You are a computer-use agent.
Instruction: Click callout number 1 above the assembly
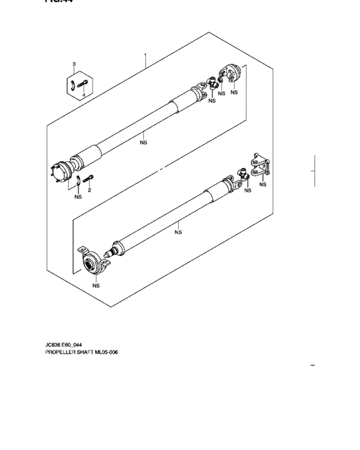[146, 56]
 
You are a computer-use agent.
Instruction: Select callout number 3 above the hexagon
[74, 64]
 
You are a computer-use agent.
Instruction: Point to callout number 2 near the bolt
[89, 190]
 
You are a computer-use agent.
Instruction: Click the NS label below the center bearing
[96, 285]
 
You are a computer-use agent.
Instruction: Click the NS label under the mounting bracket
[263, 185]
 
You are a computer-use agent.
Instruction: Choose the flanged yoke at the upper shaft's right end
[230, 74]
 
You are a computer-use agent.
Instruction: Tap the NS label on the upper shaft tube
[143, 143]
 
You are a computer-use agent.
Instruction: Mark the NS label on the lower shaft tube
[179, 232]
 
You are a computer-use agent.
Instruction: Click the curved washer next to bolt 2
[76, 180]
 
